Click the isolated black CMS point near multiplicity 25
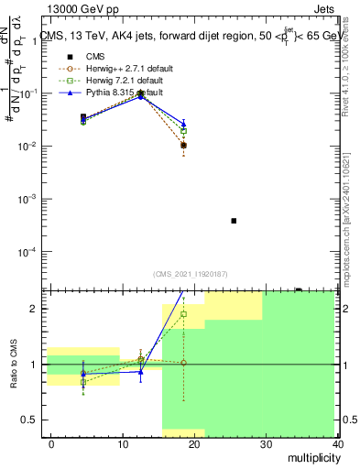point(234,221)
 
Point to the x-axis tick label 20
point(195,444)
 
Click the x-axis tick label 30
point(267,444)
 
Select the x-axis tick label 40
point(337,444)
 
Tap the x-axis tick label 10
point(123,444)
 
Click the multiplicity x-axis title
point(312,458)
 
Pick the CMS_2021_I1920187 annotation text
point(191,273)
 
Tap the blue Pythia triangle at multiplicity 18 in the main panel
point(183,124)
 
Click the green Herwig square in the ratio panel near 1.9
point(183,314)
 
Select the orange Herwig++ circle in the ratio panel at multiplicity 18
point(183,363)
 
